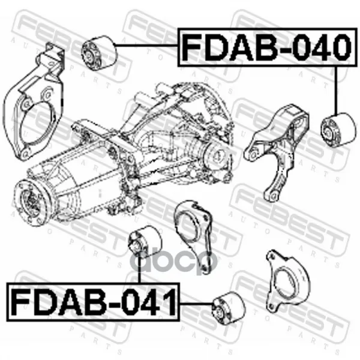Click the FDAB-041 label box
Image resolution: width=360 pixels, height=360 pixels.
pos(93,302)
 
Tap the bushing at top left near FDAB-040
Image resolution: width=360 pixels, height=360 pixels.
pos(100,53)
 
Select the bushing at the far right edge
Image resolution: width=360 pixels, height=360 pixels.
pos(339,130)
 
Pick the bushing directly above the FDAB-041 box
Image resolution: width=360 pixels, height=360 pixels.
pos(145,242)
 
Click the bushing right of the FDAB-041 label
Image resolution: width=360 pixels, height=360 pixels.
pos(229,308)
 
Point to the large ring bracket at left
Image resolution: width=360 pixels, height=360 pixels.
pos(33,103)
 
